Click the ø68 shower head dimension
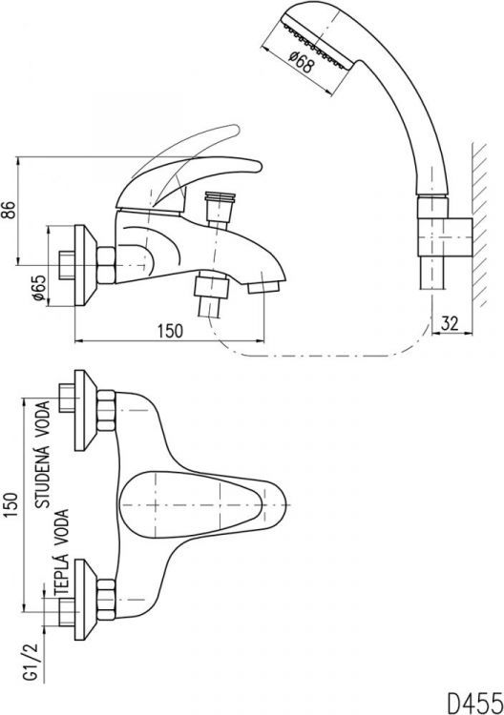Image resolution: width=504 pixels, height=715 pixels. click(302, 62)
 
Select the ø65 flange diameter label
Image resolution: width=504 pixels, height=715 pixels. click(38, 288)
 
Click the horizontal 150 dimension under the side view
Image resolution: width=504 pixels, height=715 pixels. click(170, 331)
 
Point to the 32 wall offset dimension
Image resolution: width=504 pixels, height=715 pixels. click(450, 323)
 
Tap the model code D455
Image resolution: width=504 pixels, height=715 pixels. click(473, 703)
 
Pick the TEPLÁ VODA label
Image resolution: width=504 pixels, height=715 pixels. click(61, 552)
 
